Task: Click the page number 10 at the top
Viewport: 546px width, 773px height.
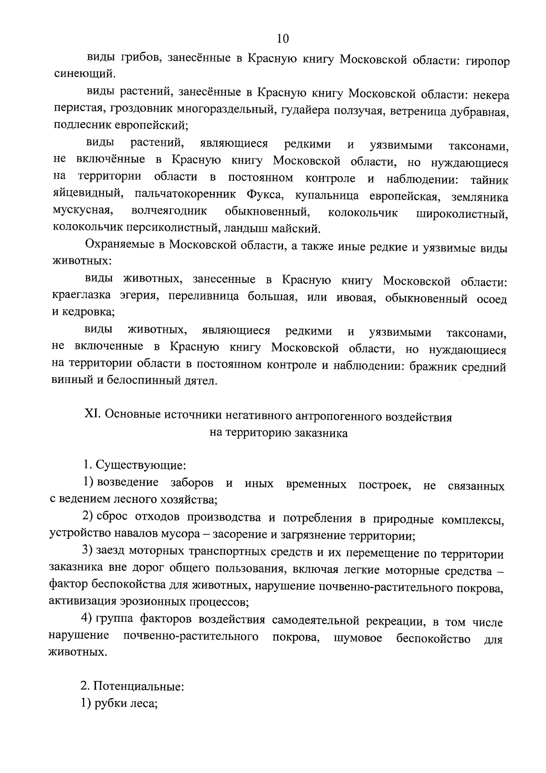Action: pos(282,39)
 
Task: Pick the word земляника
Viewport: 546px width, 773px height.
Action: pos(480,197)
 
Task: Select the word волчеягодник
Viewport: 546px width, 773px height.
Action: pos(169,211)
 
